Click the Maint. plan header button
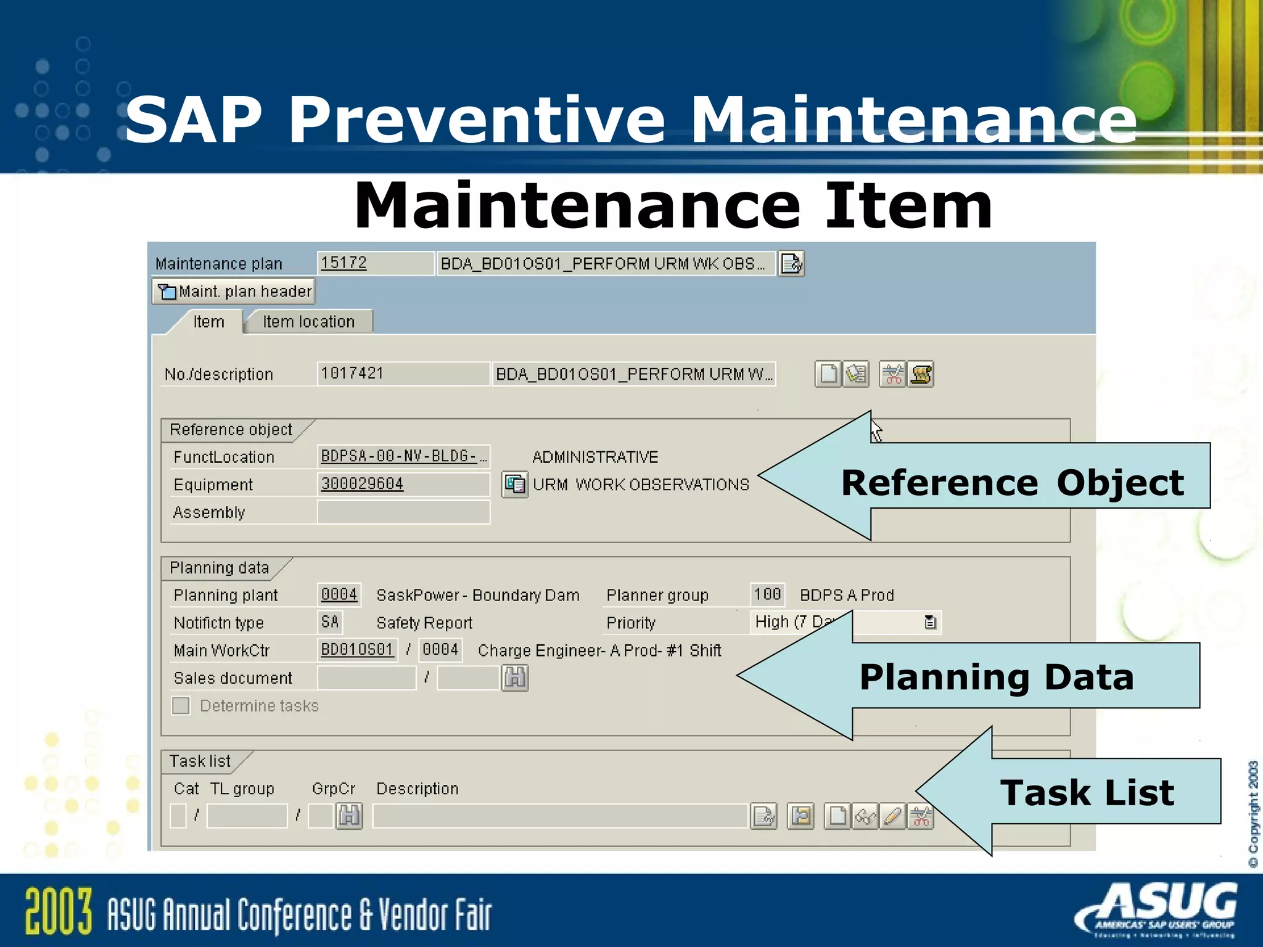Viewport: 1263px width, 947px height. (x=234, y=291)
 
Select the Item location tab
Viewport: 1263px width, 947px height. (x=308, y=322)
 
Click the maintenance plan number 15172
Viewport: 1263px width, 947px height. (x=344, y=263)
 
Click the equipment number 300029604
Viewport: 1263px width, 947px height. (x=362, y=484)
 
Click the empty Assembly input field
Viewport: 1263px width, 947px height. (x=403, y=512)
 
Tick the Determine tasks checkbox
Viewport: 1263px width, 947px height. (x=181, y=705)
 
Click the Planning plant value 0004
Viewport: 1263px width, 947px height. (x=339, y=594)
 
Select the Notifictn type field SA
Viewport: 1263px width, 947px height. (x=330, y=622)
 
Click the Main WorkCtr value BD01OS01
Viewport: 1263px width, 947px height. (x=357, y=650)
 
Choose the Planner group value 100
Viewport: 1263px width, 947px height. (x=767, y=594)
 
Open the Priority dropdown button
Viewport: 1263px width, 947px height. (x=930, y=622)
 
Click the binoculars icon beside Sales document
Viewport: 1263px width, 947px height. (x=515, y=678)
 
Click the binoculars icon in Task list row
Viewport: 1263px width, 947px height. (x=349, y=816)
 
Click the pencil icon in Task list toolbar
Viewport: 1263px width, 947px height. (x=892, y=816)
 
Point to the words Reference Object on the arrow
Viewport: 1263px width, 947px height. (x=1012, y=482)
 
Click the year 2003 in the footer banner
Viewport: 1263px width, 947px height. (x=59, y=911)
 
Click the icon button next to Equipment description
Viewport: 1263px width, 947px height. (x=514, y=484)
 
